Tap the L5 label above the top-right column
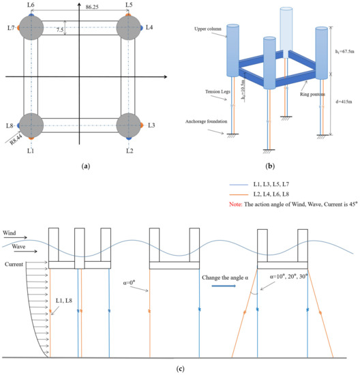point(130,5)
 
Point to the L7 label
point(10,28)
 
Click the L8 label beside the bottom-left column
point(10,126)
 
